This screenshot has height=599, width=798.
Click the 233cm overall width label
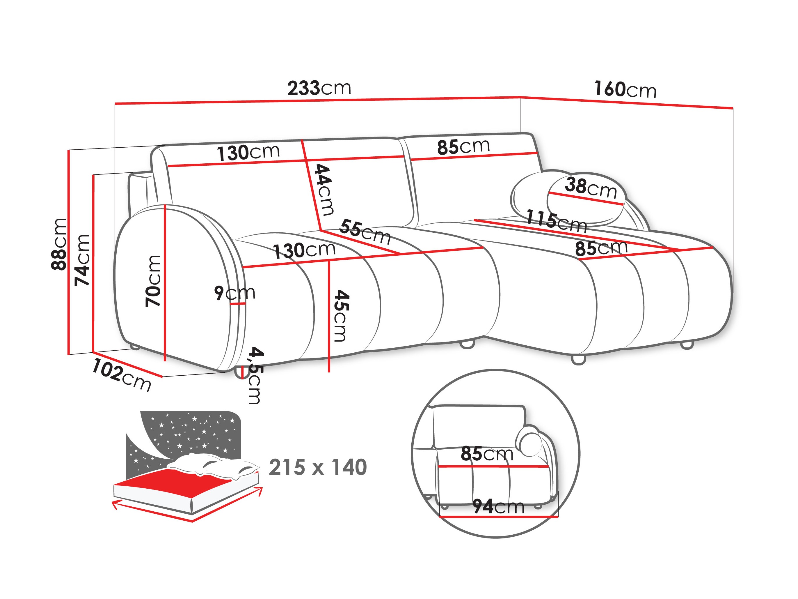click(x=319, y=89)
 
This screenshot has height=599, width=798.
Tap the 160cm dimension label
click(x=625, y=89)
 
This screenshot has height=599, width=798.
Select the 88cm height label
click(x=59, y=244)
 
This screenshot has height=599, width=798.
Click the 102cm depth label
click(x=122, y=375)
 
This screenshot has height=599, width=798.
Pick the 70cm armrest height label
click(x=153, y=281)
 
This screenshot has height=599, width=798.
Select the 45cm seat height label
click(x=341, y=316)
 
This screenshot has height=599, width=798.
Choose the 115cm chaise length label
click(x=556, y=221)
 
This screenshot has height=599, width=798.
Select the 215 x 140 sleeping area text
click(x=317, y=468)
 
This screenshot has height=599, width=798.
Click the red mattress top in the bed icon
click(x=173, y=480)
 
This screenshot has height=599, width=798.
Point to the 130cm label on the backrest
click(x=248, y=153)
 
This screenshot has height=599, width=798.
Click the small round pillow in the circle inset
click(x=529, y=441)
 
